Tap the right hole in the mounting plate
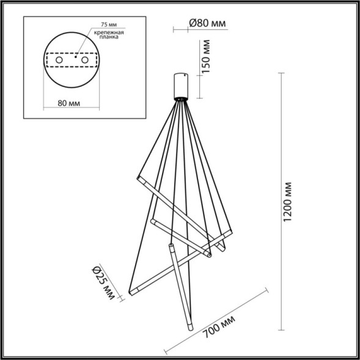point(85,61)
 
